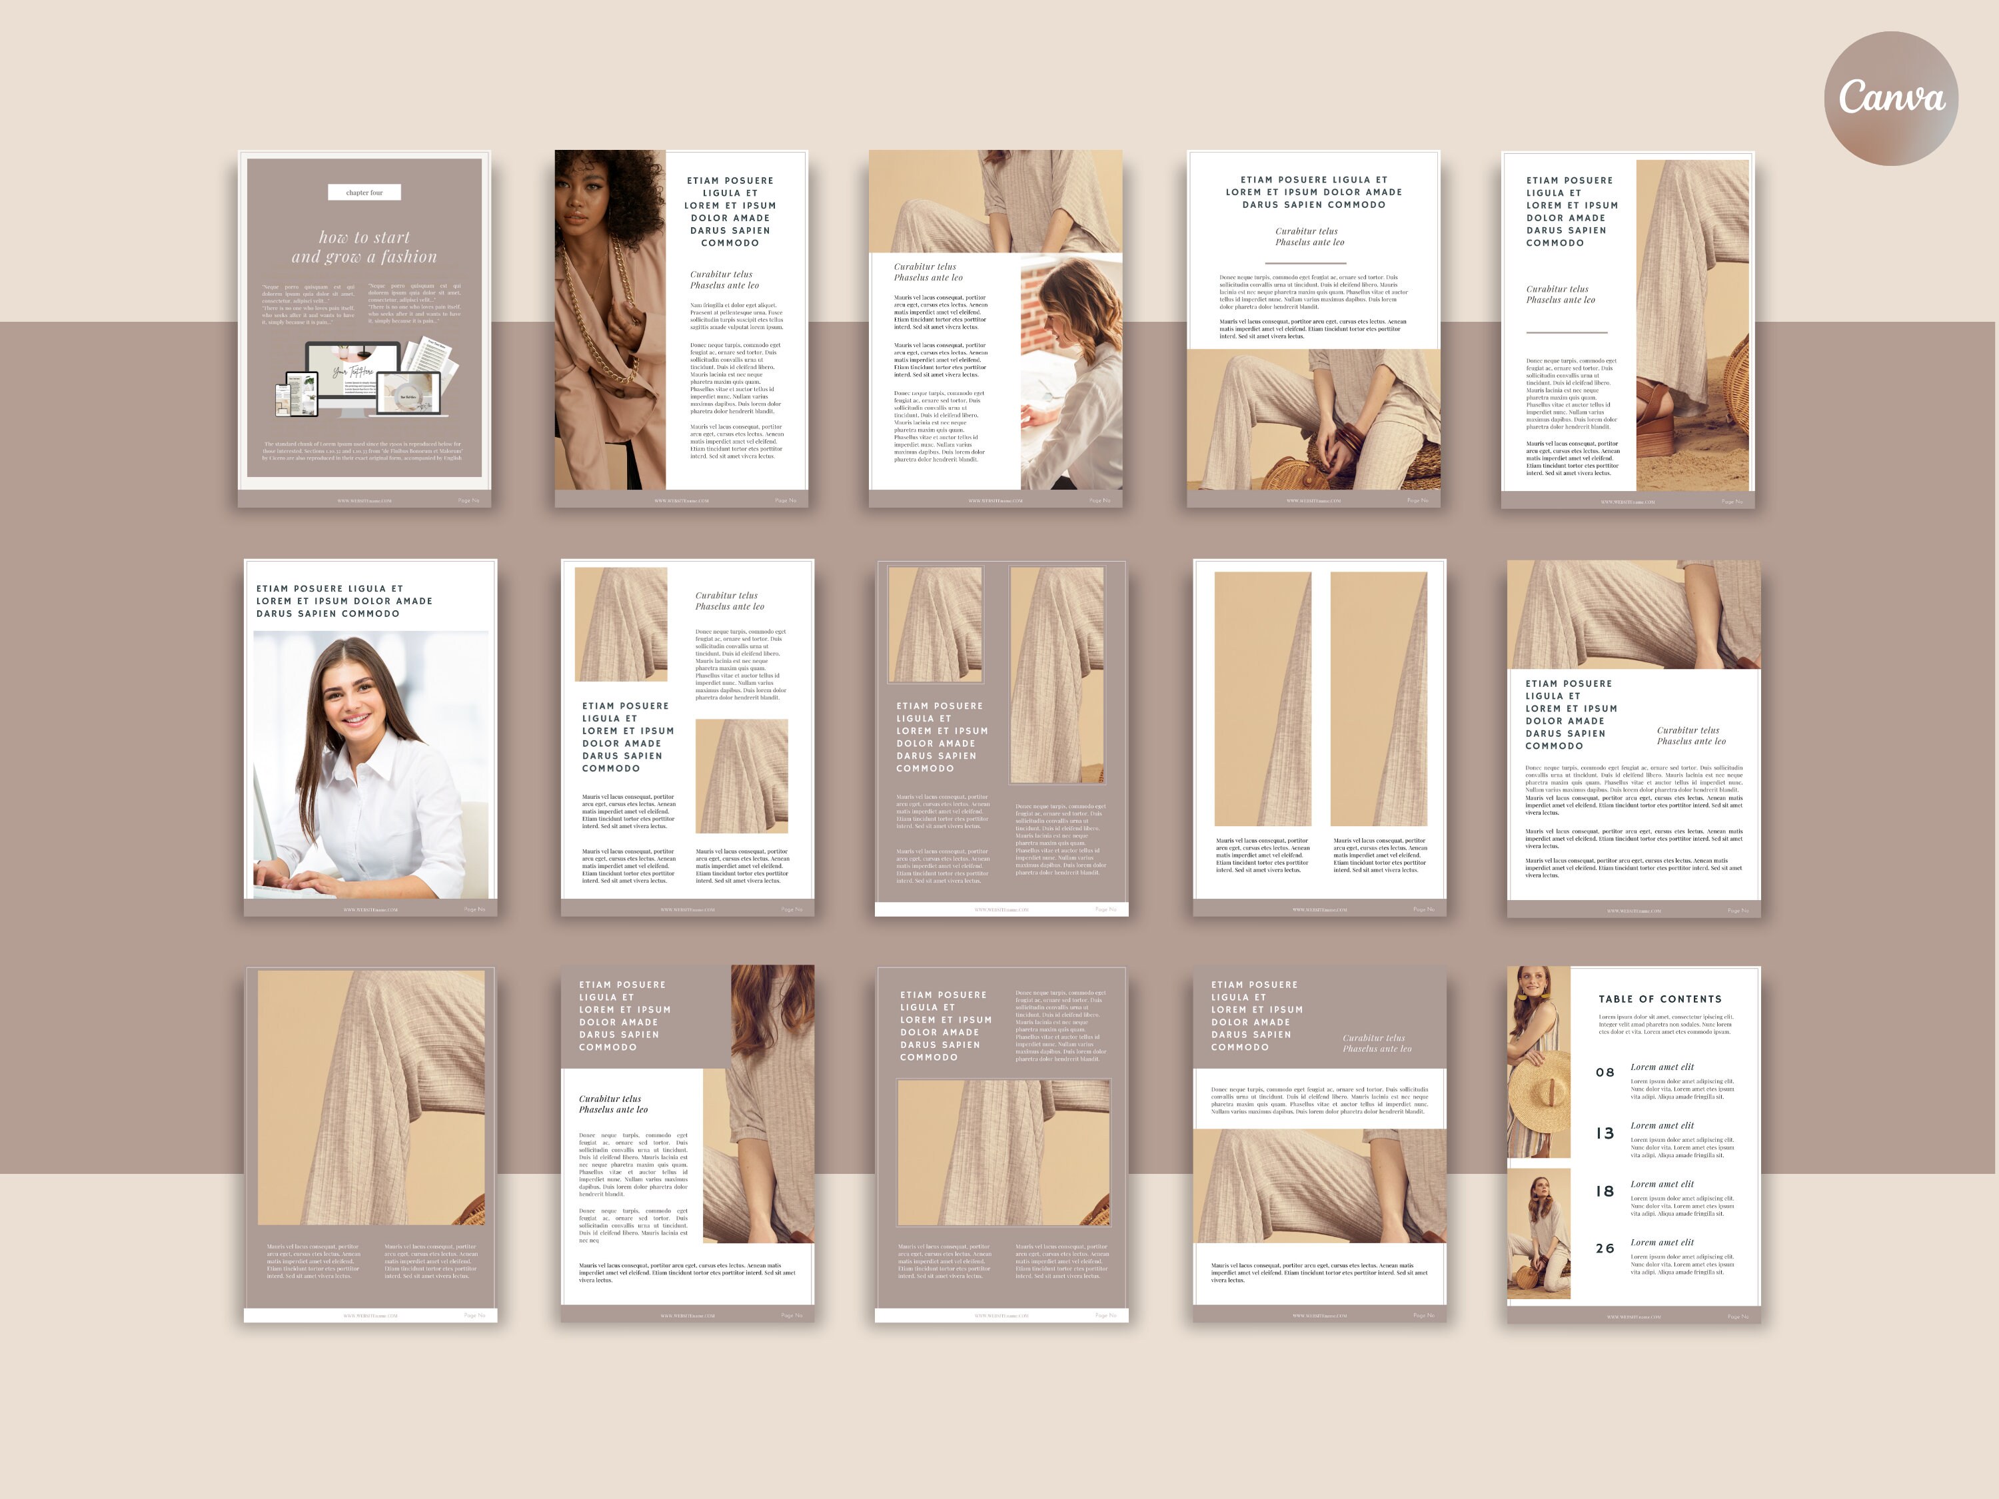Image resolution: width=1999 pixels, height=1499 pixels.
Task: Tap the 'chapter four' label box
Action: [x=364, y=193]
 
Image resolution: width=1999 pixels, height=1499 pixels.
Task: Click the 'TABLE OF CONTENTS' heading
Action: [x=1659, y=999]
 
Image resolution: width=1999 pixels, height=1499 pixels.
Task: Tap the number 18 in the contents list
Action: [x=1605, y=1191]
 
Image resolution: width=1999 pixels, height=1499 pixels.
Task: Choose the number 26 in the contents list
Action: [x=1605, y=1249]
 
